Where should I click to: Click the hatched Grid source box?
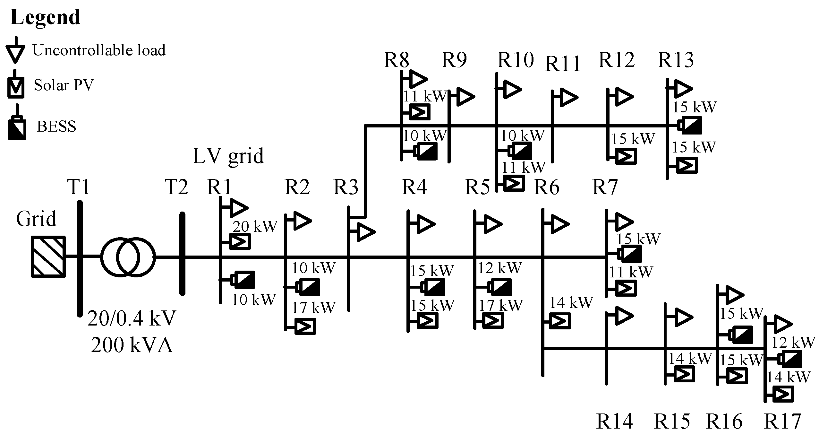[x=48, y=257]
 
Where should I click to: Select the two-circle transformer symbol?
[x=128, y=257]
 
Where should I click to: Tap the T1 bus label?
[x=78, y=187]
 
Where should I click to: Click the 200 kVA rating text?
[x=132, y=346]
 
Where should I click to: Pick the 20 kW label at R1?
[x=255, y=227]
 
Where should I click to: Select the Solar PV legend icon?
[x=16, y=87]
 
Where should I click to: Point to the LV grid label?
[x=228, y=156]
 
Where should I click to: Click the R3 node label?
[x=346, y=187]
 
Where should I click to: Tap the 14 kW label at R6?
[x=571, y=302]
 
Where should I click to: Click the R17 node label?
[x=783, y=421]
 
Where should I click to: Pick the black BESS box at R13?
[x=691, y=125]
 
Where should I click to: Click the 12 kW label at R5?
[x=500, y=268]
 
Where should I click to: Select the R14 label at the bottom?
[x=614, y=421]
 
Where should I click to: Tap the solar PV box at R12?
[x=626, y=156]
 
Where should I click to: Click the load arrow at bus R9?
[x=465, y=96]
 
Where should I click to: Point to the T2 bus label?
[x=176, y=187]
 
